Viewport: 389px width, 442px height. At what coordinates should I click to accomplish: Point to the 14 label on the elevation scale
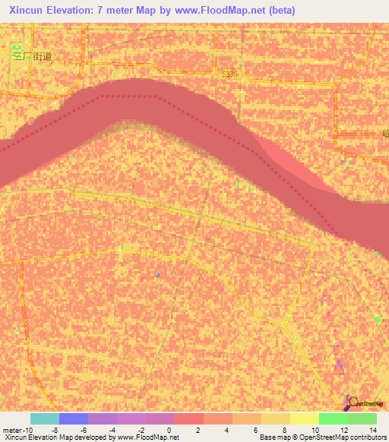coord(373,430)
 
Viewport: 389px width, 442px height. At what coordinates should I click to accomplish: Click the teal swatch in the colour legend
coord(44,418)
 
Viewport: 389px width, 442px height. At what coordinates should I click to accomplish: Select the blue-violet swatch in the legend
coord(73,418)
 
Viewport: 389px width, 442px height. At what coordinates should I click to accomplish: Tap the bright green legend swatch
coord(333,418)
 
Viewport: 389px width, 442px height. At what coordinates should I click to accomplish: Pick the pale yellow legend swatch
coord(304,418)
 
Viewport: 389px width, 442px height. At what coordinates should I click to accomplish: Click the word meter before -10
coord(11,430)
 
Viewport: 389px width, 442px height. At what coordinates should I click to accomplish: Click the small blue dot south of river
coord(157,274)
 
